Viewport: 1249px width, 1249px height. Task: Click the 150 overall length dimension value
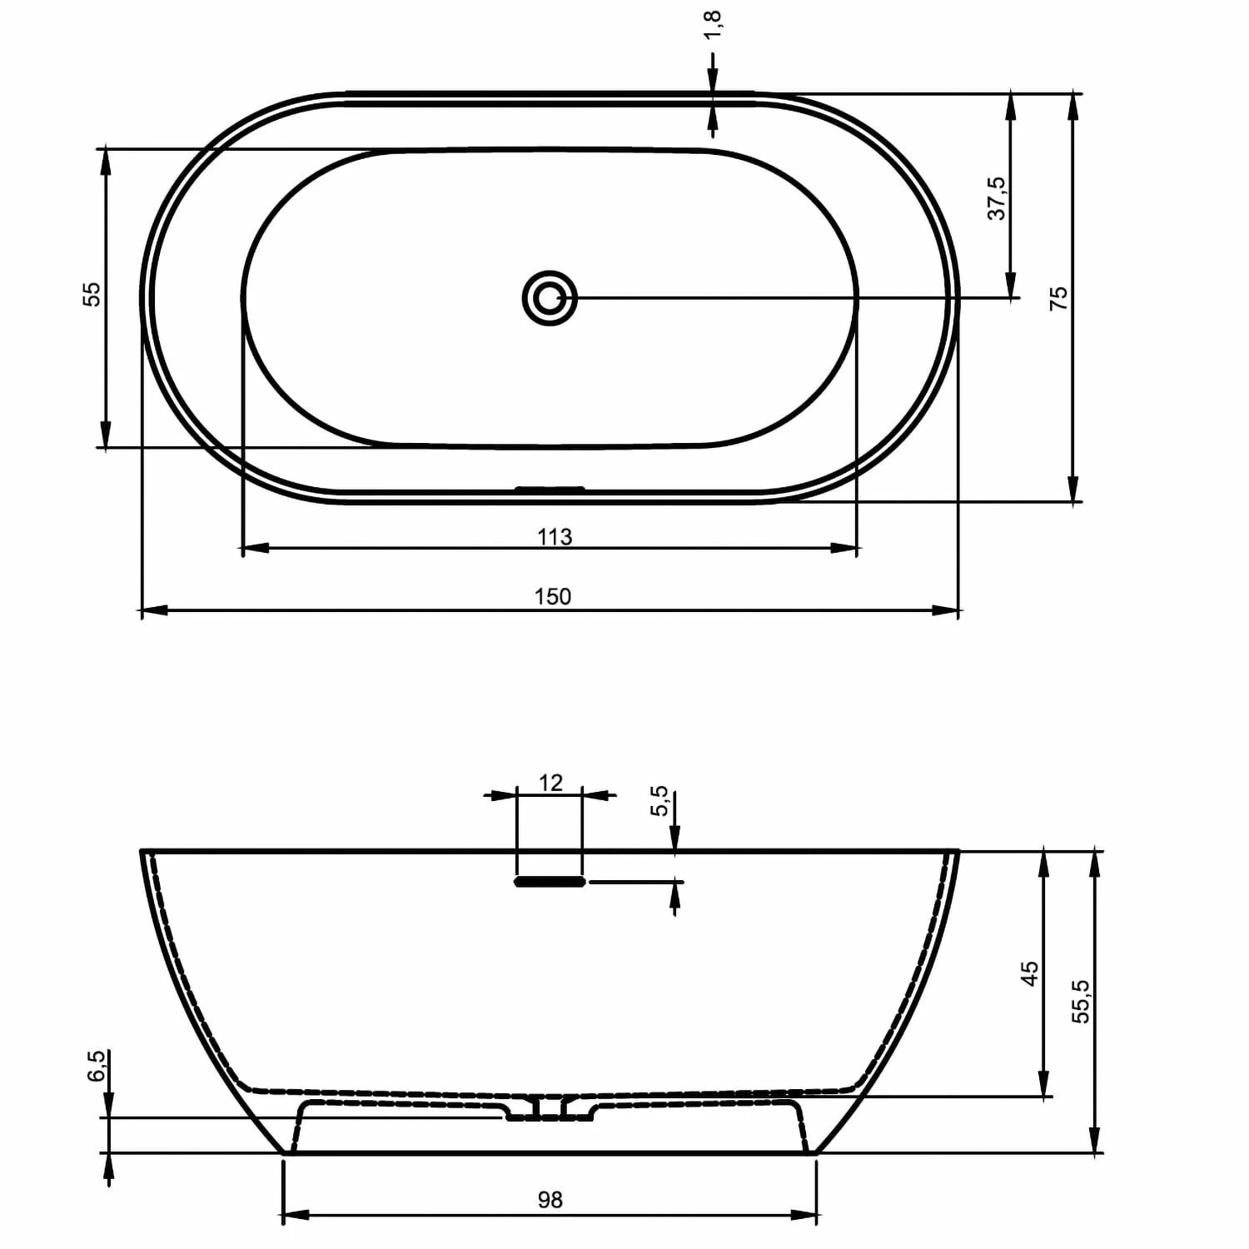click(553, 596)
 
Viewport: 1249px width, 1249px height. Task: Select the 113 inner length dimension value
click(555, 537)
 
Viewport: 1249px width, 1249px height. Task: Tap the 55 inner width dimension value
click(92, 294)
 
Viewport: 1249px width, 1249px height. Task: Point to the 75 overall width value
click(1058, 298)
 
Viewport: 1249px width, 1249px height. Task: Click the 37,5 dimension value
click(997, 198)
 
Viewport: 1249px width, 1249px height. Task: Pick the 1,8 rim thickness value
click(713, 25)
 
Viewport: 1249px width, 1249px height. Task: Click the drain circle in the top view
click(550, 297)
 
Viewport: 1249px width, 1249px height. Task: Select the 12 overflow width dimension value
click(550, 783)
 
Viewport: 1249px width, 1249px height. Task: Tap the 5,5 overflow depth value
click(659, 801)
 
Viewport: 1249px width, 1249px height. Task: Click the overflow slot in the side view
click(550, 881)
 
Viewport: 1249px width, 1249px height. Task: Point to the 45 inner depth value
click(1030, 973)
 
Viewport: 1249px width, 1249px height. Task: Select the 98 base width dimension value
click(550, 1199)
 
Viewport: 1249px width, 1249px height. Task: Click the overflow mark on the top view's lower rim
click(550, 489)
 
